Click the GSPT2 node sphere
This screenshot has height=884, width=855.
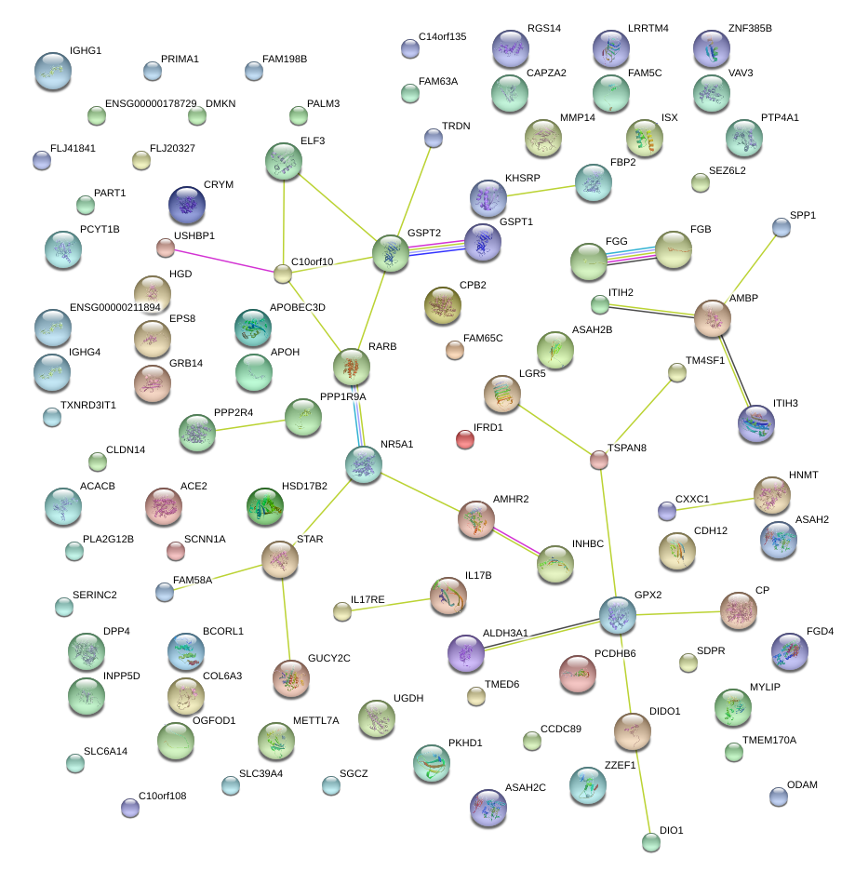(391, 254)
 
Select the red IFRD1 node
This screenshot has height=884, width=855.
(465, 439)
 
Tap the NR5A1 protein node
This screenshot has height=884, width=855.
(363, 464)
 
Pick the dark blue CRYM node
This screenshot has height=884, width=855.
(187, 205)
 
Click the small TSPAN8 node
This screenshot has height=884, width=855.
(599, 459)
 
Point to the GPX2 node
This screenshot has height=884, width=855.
(618, 615)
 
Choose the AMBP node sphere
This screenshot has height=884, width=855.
(713, 318)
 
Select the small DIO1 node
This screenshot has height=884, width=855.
(651, 843)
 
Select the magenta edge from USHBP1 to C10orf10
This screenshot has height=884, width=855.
(223, 261)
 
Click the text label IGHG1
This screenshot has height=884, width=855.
(86, 50)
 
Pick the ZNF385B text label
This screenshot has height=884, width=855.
(750, 28)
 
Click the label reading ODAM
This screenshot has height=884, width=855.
(802, 784)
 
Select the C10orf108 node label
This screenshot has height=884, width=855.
(163, 796)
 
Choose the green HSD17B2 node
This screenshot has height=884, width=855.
(265, 505)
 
